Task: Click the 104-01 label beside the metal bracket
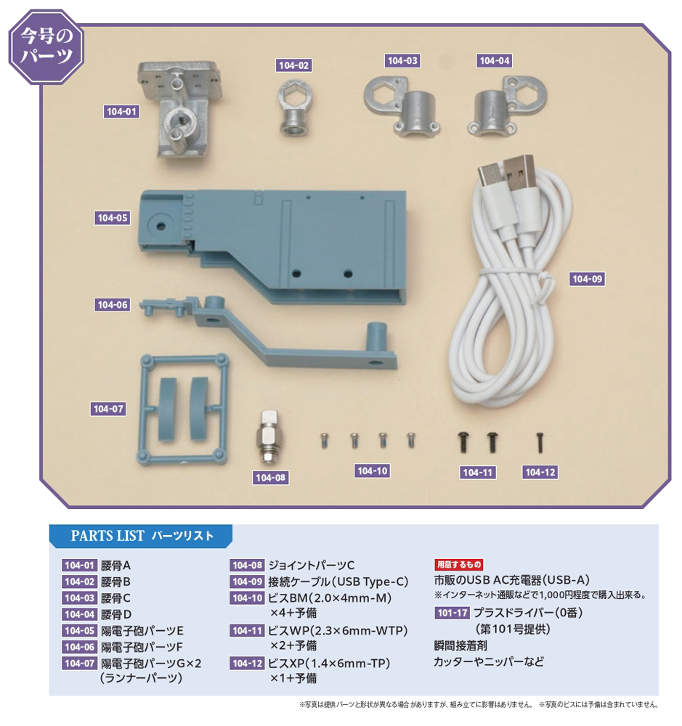(121, 112)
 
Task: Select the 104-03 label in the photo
(402, 61)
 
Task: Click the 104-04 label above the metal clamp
(495, 61)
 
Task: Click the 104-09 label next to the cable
(587, 279)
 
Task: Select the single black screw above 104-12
(540, 443)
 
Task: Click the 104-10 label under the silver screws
(373, 471)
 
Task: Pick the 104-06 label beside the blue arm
(112, 305)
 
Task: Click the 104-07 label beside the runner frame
(108, 409)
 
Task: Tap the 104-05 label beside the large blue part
(112, 218)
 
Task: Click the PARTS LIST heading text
(107, 536)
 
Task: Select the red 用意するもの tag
(459, 564)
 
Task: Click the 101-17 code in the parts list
(452, 613)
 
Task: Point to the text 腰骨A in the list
(115, 566)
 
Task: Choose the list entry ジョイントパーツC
(312, 566)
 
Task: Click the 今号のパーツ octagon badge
(46, 46)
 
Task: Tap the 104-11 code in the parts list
(247, 631)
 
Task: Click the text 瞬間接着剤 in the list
(460, 645)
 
